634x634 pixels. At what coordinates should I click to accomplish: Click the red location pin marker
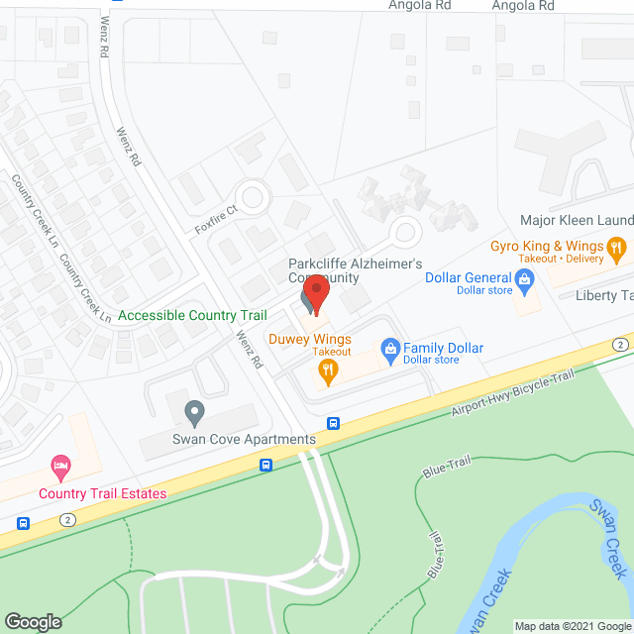(x=315, y=293)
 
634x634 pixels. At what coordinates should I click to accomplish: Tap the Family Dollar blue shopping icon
(x=390, y=349)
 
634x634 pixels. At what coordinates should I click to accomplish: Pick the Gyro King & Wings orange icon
(x=616, y=247)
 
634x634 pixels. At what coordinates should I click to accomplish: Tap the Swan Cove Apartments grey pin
(x=194, y=409)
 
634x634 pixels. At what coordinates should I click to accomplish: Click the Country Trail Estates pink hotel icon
(x=61, y=465)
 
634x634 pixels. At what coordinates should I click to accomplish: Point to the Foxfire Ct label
(x=217, y=219)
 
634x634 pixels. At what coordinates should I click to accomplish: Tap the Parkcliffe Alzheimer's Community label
(x=356, y=270)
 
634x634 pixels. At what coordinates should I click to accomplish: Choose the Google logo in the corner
(x=32, y=622)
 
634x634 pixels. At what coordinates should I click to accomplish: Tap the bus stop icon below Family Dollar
(x=334, y=423)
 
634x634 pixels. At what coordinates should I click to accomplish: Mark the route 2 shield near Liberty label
(x=620, y=344)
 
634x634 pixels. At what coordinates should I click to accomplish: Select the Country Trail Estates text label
(x=103, y=493)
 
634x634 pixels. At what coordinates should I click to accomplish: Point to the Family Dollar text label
(x=443, y=348)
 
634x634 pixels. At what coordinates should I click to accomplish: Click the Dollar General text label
(x=469, y=278)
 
